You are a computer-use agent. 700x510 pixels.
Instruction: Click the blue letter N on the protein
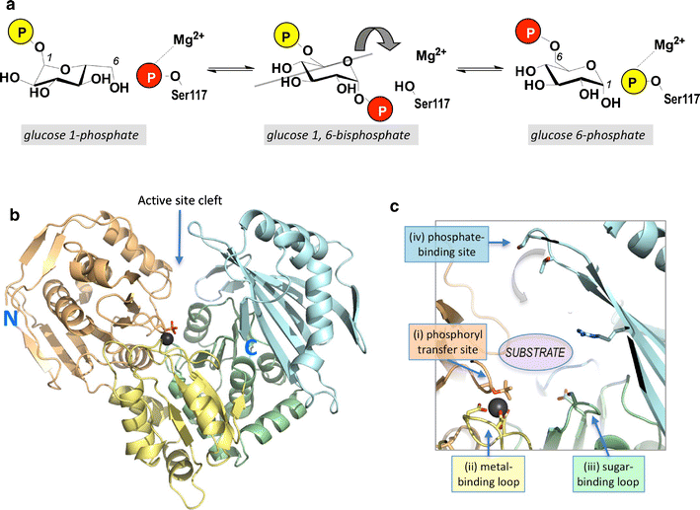coord(15,289)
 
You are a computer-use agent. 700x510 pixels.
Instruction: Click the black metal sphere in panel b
coord(167,338)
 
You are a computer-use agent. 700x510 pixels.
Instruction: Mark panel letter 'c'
coord(394,207)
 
